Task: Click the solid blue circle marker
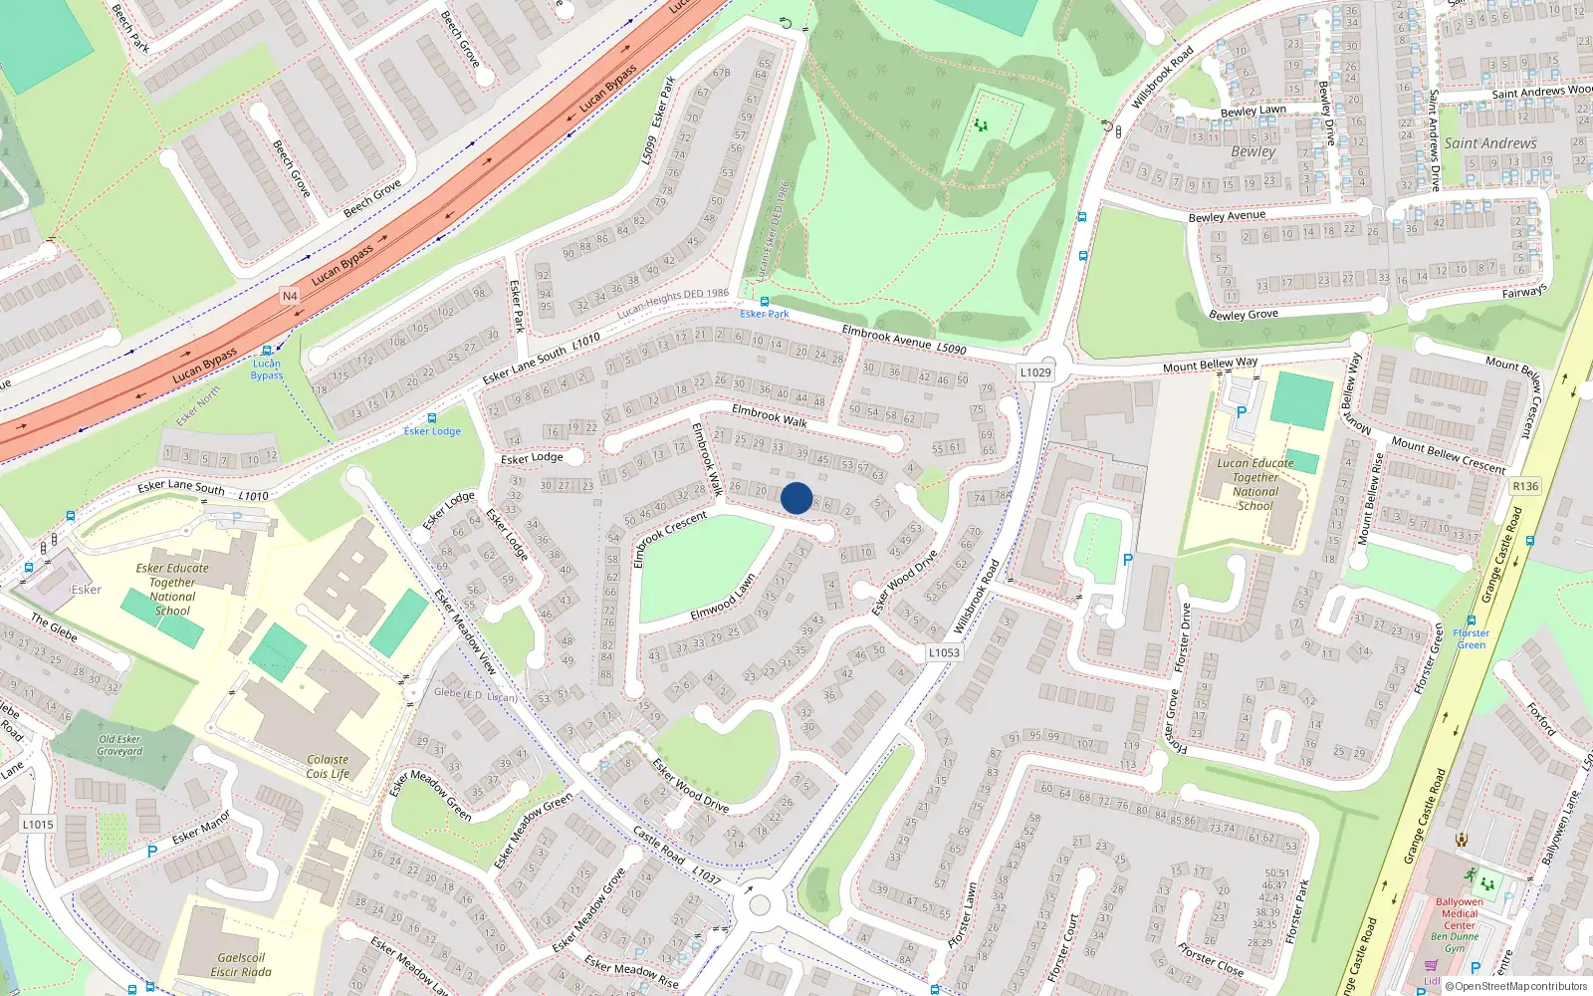pyautogui.click(x=796, y=498)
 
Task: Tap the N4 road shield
pyautogui.click(x=290, y=296)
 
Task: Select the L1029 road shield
pyautogui.click(x=1035, y=373)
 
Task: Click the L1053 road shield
pyautogui.click(x=944, y=653)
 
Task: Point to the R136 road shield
pyautogui.click(x=1525, y=486)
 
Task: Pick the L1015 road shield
pyautogui.click(x=38, y=825)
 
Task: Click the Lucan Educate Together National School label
pyautogui.click(x=1255, y=484)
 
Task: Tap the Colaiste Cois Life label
pyautogui.click(x=328, y=766)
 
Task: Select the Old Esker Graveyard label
pyautogui.click(x=119, y=745)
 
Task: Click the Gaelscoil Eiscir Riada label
pyautogui.click(x=241, y=964)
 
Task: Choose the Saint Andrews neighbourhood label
pyautogui.click(x=1489, y=143)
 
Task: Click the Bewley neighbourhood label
pyautogui.click(x=1252, y=151)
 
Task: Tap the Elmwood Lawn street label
pyautogui.click(x=723, y=599)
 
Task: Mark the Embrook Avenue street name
pyautogui.click(x=886, y=337)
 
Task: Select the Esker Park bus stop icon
pyautogui.click(x=765, y=301)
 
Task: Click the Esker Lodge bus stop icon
pyautogui.click(x=431, y=418)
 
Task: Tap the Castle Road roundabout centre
pyautogui.click(x=760, y=905)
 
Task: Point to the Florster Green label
pyautogui.click(x=1471, y=638)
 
